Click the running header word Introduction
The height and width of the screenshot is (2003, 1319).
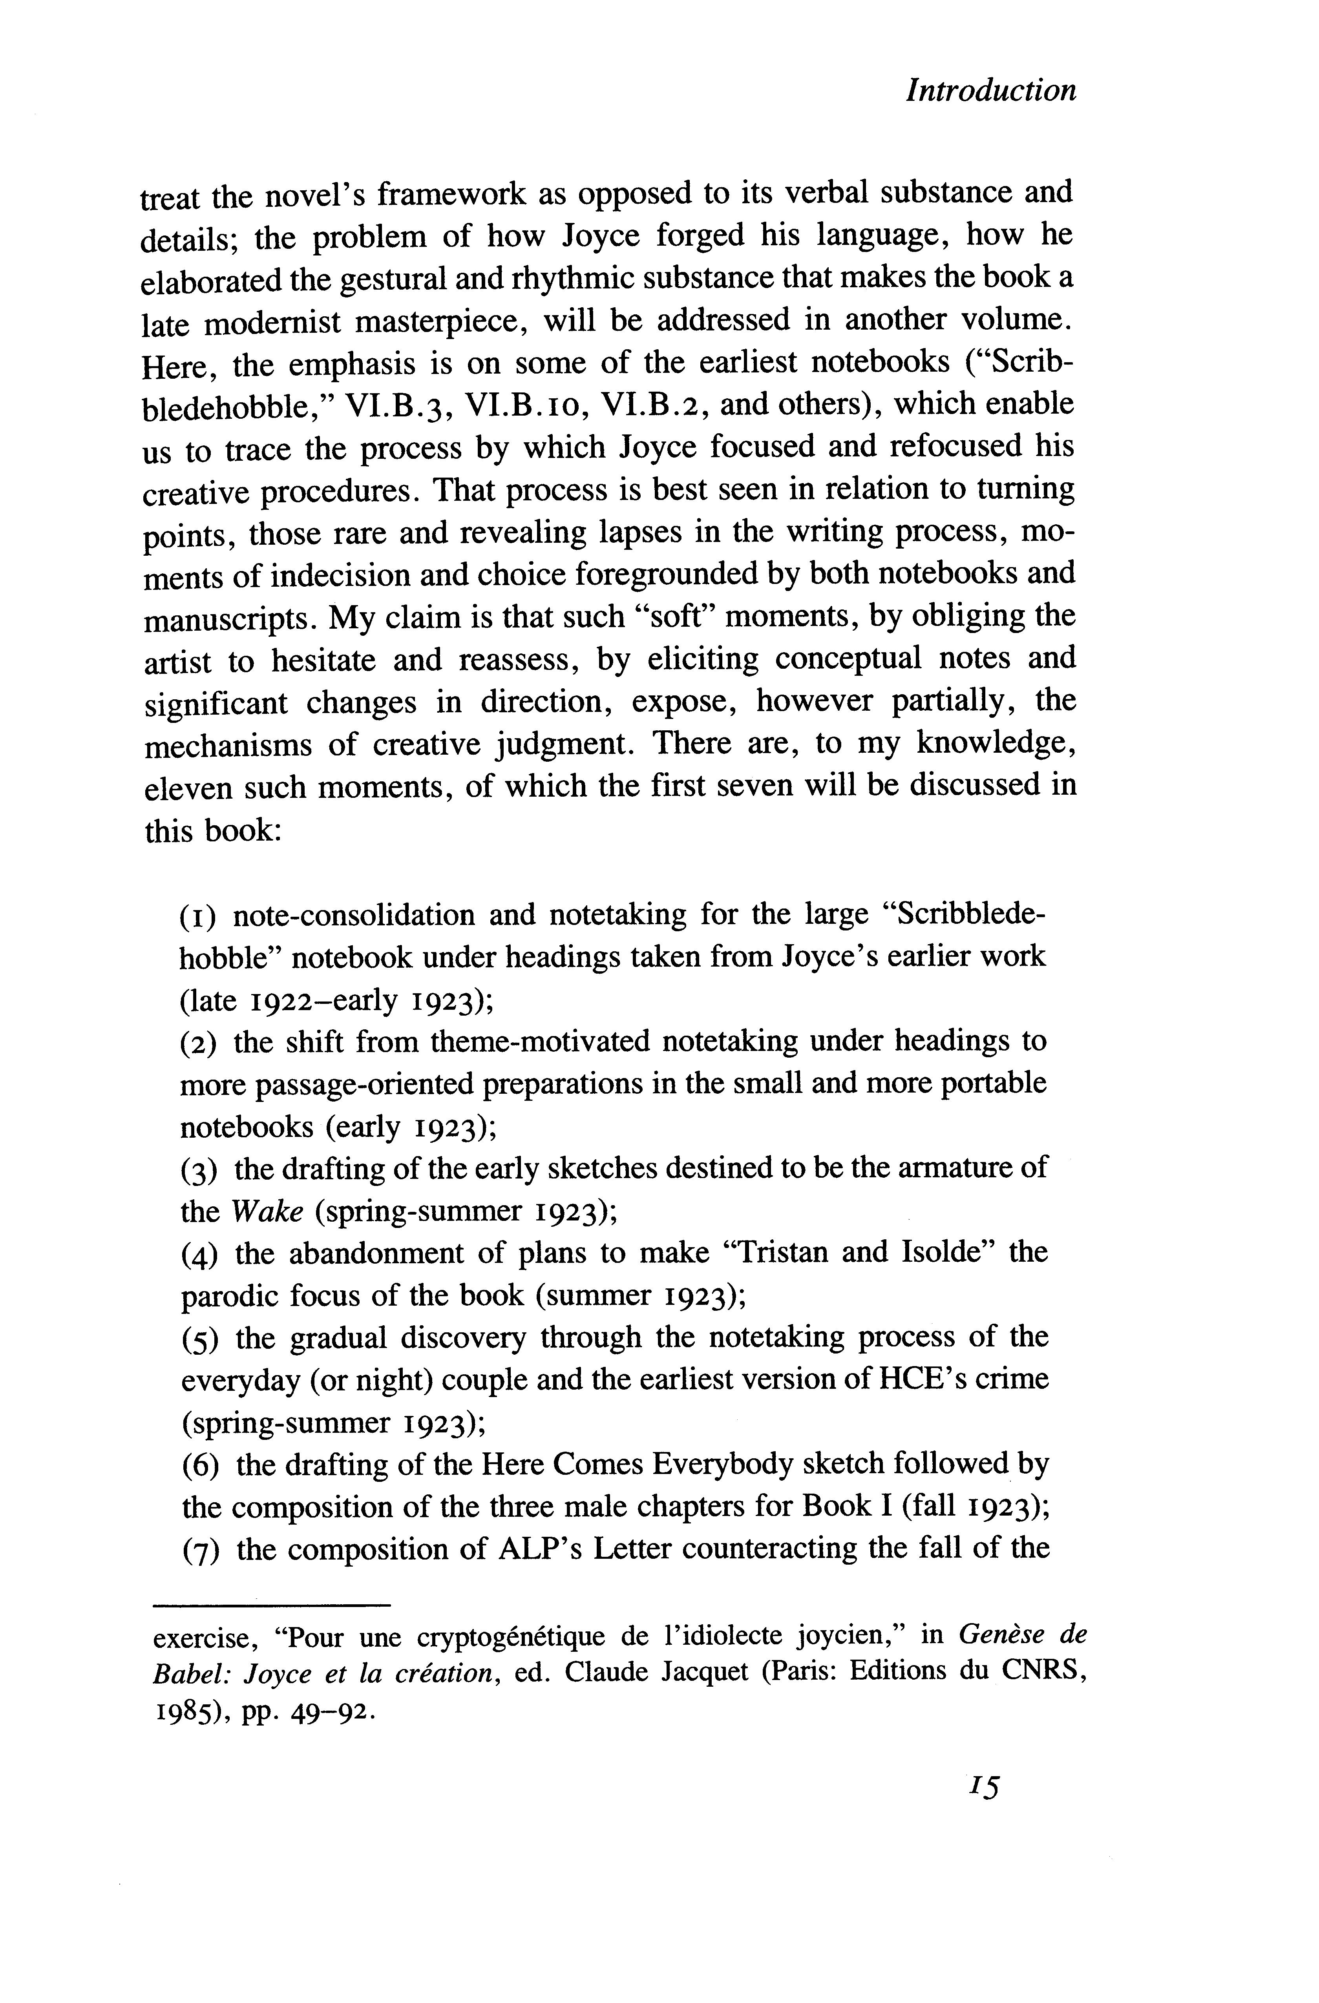pyautogui.click(x=991, y=90)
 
